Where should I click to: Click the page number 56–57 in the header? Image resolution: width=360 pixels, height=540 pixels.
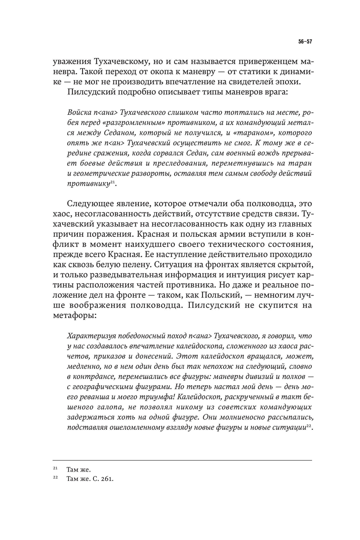click(x=305, y=41)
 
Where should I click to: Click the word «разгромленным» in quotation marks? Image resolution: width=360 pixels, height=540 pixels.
click(x=129, y=123)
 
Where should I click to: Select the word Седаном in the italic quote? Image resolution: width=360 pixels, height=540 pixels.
click(x=118, y=133)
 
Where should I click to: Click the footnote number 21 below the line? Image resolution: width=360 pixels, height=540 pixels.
click(x=55, y=469)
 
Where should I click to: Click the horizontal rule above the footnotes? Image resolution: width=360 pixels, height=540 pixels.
click(x=182, y=460)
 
